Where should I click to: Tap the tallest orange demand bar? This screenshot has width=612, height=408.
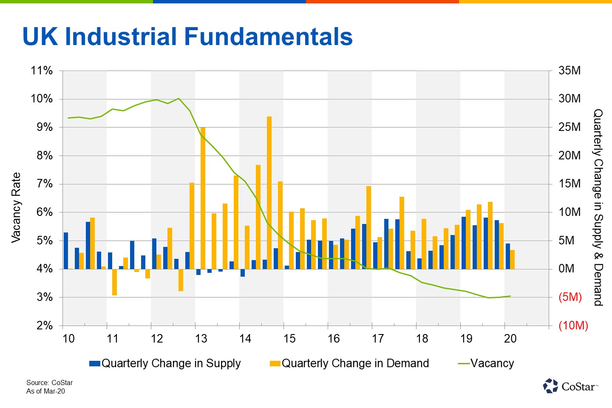click(269, 191)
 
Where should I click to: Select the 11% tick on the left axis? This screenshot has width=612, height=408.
click(42, 71)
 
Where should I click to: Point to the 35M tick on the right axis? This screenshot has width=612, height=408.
click(569, 71)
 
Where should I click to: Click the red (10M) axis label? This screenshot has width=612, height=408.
click(573, 326)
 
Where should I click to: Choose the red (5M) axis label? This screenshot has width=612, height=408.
click(570, 297)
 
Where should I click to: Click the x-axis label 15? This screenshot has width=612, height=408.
click(289, 339)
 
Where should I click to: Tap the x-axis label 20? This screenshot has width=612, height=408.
click(510, 339)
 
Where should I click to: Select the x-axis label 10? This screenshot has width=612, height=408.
click(68, 339)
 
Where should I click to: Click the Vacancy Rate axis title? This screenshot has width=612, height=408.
click(16, 208)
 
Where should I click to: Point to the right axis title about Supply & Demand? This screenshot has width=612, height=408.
click(598, 207)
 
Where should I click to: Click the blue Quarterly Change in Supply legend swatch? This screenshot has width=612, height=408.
click(94, 364)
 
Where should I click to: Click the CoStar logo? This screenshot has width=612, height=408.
click(570, 386)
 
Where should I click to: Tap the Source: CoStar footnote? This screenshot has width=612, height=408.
click(49, 382)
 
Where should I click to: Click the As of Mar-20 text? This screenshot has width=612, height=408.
click(45, 391)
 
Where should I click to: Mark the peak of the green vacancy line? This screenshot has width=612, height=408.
click(178, 99)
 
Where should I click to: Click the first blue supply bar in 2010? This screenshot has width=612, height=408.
click(66, 251)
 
